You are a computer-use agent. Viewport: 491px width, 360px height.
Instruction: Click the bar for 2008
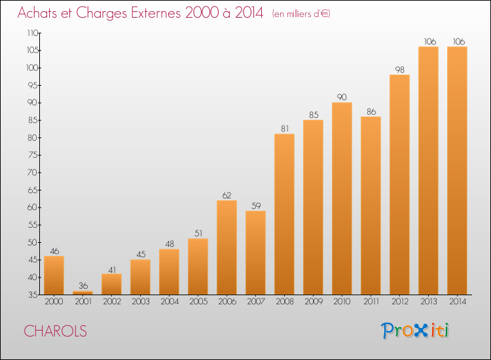point(284,214)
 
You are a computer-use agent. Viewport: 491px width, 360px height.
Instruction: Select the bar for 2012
point(399,185)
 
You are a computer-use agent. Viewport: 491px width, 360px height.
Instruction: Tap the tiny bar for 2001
point(82,293)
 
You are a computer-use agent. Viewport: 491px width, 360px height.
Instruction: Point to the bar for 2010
point(342,198)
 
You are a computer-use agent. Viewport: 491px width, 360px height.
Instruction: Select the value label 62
point(227,195)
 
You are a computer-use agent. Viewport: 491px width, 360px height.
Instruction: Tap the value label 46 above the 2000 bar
point(54,251)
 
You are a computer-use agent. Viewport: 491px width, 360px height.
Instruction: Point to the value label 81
point(284,129)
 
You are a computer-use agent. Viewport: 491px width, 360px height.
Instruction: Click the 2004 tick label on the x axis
point(169,302)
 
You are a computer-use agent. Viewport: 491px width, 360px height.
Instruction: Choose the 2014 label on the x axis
point(457,302)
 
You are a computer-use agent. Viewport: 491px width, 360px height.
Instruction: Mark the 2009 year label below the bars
point(313,302)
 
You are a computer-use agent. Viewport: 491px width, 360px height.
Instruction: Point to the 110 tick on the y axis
point(33,33)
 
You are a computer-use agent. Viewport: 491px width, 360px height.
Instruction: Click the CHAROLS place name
point(56,331)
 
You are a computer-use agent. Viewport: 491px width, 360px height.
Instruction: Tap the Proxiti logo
point(414,331)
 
